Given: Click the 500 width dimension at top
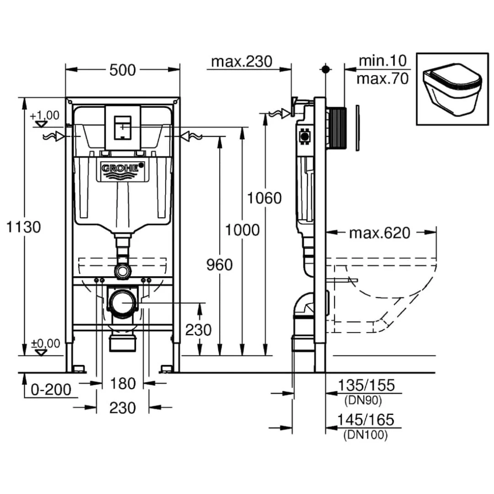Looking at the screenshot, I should [x=123, y=70].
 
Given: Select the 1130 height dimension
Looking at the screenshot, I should [x=23, y=226].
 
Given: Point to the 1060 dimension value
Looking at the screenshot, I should [x=264, y=198].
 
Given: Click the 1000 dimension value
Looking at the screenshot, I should [x=242, y=230].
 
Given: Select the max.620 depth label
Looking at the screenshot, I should [x=379, y=233].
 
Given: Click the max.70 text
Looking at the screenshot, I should [x=382, y=79].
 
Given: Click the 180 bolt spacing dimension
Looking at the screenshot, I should [x=123, y=384].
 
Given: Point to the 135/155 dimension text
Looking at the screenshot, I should [x=365, y=386].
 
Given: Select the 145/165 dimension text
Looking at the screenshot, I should [x=365, y=419].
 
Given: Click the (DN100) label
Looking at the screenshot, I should [x=365, y=435].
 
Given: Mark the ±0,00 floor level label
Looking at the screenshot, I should [x=45, y=344].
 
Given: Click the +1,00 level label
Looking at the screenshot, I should [x=44, y=115].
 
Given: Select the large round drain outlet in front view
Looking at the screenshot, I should [x=123, y=302].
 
